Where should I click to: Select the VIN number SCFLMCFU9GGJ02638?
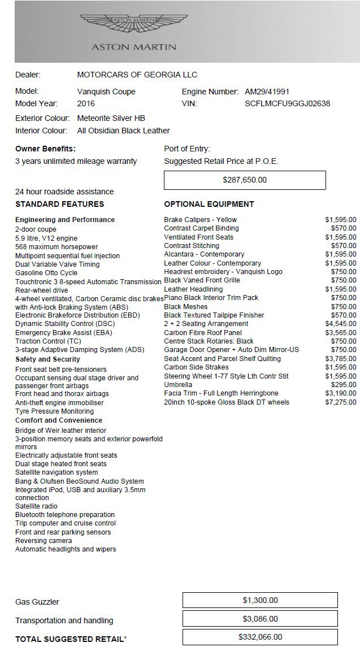point(287,103)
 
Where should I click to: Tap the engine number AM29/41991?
point(267,92)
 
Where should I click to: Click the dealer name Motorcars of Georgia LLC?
point(137,75)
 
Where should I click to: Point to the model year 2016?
point(86,103)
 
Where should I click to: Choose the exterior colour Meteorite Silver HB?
point(111,118)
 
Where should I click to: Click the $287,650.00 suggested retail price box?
point(245,180)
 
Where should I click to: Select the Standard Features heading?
point(60,204)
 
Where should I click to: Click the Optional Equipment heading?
point(209,204)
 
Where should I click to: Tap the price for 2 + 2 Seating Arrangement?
point(341,324)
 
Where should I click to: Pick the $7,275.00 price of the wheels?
point(341,402)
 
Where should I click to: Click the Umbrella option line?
point(178,385)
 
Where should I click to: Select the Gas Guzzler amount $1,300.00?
point(260,601)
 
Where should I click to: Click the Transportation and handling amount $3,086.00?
point(260,619)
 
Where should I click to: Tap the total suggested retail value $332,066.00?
point(260,638)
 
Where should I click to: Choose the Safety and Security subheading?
point(47,359)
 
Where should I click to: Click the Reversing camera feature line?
point(44,541)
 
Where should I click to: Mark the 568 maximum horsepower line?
point(57,247)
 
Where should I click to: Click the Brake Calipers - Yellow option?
point(201,220)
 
